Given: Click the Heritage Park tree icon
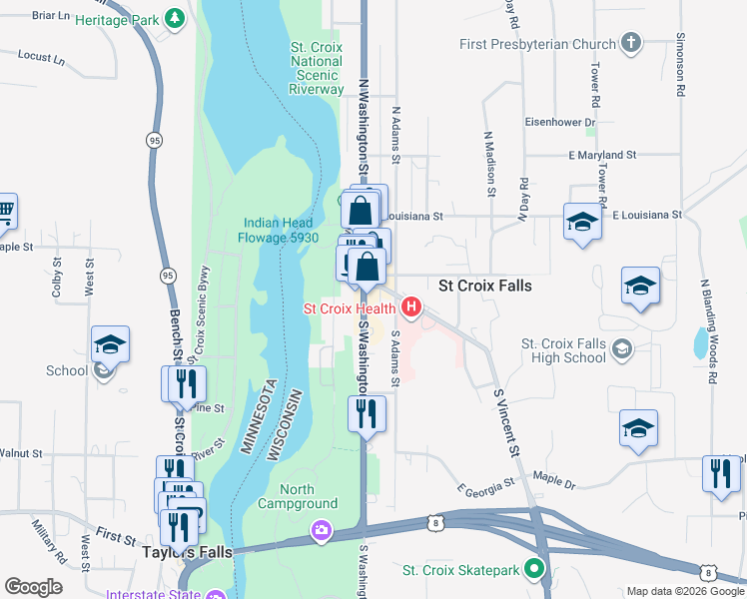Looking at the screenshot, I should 175,18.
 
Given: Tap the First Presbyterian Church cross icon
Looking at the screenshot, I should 629,43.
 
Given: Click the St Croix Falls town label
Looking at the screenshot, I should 485,286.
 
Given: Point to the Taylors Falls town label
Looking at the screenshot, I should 188,552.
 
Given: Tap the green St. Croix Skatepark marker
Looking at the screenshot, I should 534,570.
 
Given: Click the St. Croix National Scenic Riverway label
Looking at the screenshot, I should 317,68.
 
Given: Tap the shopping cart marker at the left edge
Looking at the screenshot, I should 5,211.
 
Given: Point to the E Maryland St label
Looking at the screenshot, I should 602,155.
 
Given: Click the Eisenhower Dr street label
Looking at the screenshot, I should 561,122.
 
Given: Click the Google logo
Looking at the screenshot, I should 34,587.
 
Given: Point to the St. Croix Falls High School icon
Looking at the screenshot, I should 622,346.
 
